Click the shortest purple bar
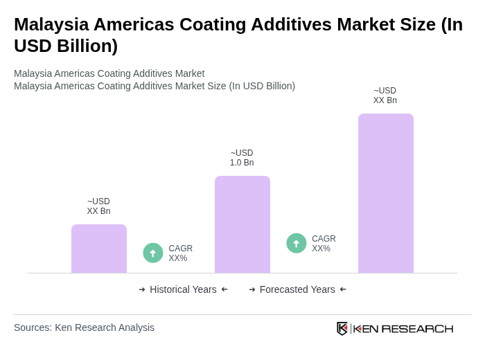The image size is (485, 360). [99, 249]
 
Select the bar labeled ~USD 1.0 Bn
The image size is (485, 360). [242, 224]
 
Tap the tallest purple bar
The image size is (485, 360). [385, 193]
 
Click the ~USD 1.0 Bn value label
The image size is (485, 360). [242, 158]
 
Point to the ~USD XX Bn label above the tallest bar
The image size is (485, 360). [385, 96]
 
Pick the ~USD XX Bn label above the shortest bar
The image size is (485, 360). [98, 206]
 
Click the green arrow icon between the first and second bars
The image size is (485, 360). [153, 253]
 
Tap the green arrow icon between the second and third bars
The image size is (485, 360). [297, 243]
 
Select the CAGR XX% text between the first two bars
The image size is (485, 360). [180, 253]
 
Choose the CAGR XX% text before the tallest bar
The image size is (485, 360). [324, 244]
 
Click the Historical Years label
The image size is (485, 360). [183, 289]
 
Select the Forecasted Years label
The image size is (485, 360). [297, 289]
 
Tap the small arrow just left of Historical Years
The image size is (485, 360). [142, 289]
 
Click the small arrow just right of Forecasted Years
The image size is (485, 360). [343, 289]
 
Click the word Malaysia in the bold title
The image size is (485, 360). [52, 24]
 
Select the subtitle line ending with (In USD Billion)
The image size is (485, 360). [155, 86]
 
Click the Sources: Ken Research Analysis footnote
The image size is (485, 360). [84, 327]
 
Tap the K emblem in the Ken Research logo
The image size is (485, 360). [342, 328]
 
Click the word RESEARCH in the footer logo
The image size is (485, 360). [417, 328]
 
